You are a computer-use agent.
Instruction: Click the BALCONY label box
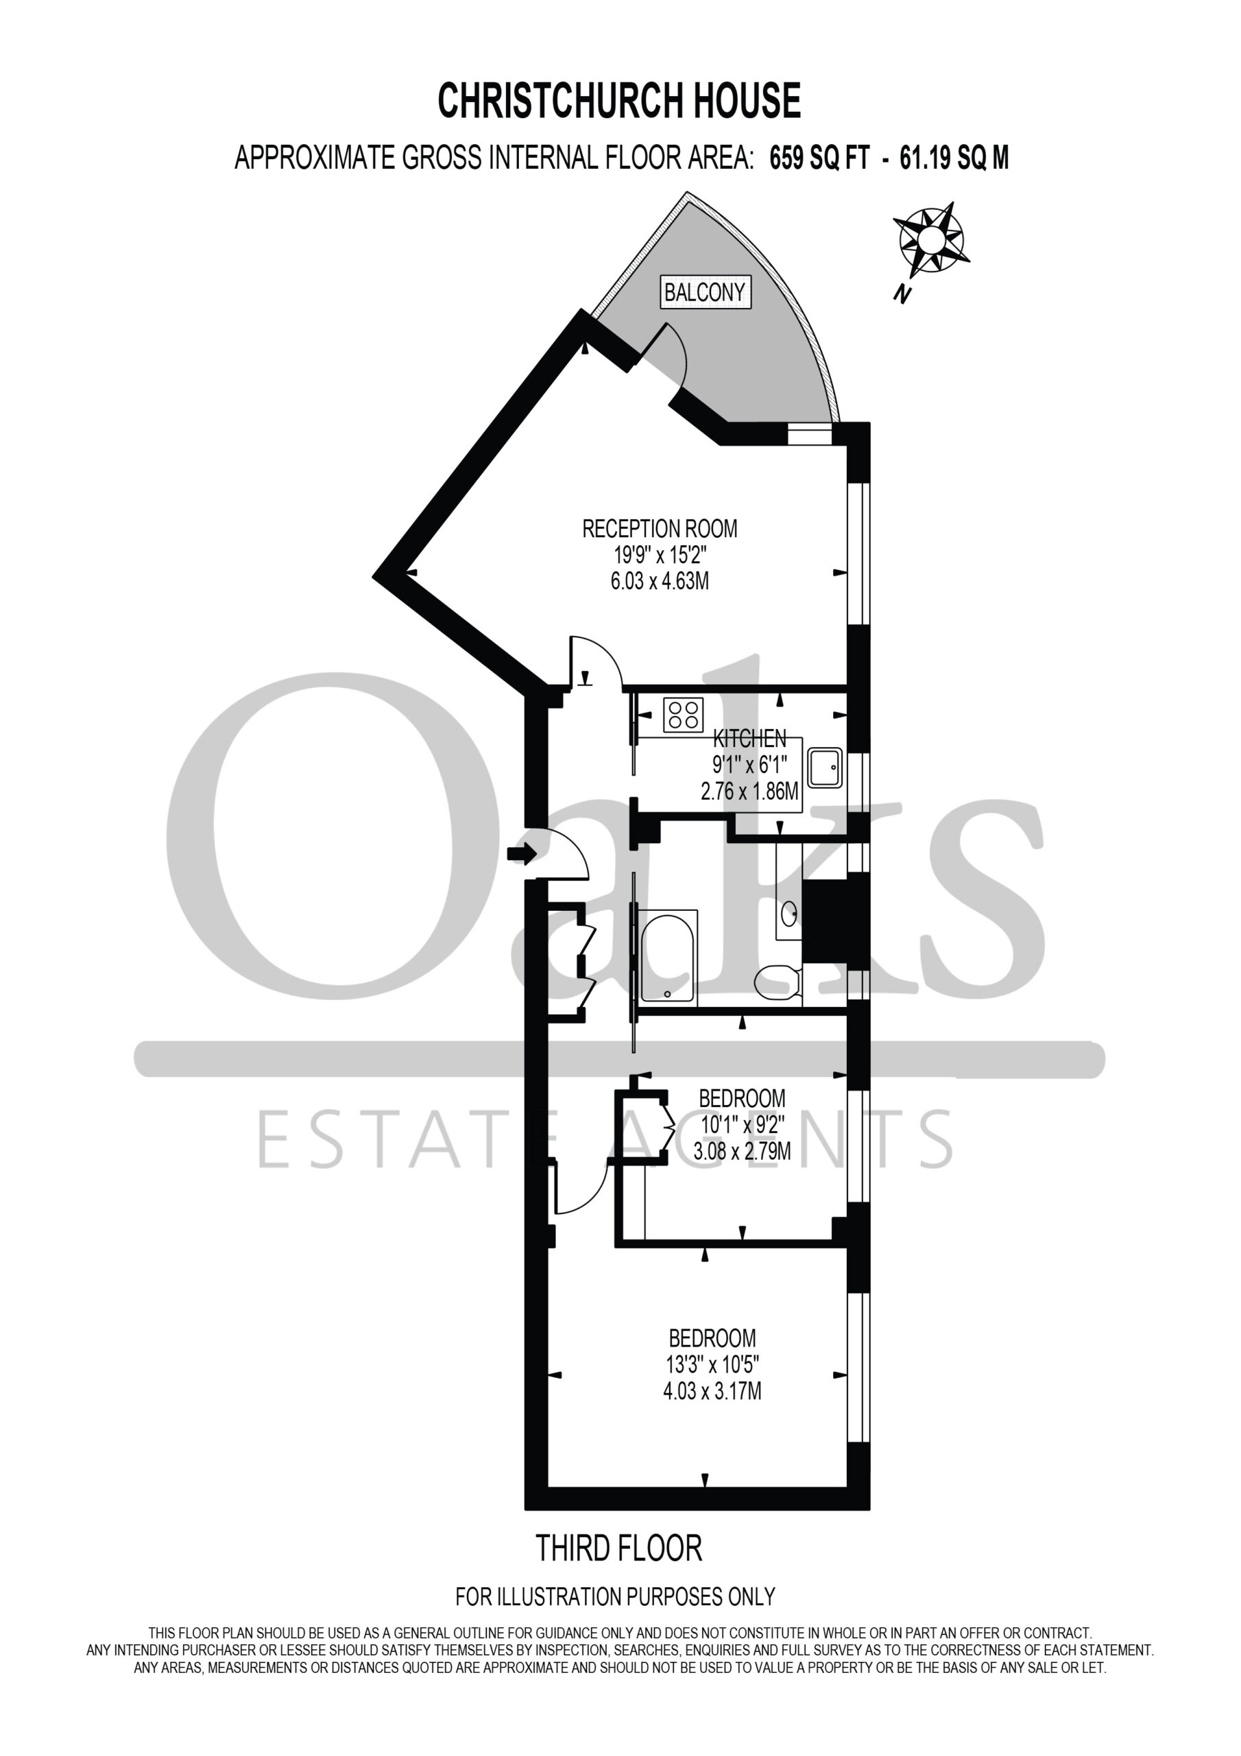[x=706, y=292]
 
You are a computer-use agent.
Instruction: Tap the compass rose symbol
[x=931, y=239]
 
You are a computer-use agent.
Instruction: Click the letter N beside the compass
[x=904, y=294]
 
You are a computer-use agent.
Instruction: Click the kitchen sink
[x=824, y=768]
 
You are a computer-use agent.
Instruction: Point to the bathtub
[x=668, y=956]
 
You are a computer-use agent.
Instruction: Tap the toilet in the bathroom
[x=777, y=982]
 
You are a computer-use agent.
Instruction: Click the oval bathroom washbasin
[x=788, y=912]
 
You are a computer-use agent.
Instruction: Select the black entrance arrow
[x=522, y=853]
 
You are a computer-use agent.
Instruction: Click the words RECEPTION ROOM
[x=660, y=528]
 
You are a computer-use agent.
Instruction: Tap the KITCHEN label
[x=749, y=738]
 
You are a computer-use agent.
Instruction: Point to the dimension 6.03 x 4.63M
[x=660, y=580]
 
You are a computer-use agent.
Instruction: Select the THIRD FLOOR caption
[x=618, y=1548]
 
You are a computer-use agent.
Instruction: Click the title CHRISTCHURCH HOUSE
[x=619, y=101]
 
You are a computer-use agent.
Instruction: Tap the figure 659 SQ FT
[x=820, y=158]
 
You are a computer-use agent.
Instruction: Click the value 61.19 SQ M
[x=954, y=158]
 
